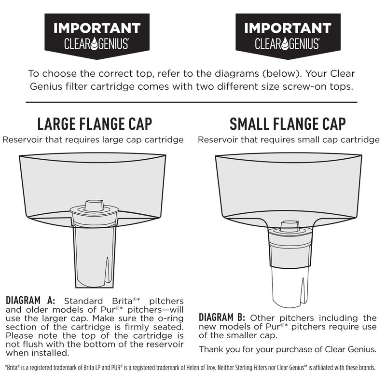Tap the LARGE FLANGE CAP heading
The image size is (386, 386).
click(x=95, y=124)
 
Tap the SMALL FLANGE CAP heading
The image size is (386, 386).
click(x=288, y=124)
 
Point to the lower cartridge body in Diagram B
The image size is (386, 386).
click(x=288, y=285)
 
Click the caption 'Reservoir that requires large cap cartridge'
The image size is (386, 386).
click(x=93, y=140)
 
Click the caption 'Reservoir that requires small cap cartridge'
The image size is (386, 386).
click(x=288, y=140)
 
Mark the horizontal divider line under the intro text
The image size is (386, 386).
click(x=191, y=102)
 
